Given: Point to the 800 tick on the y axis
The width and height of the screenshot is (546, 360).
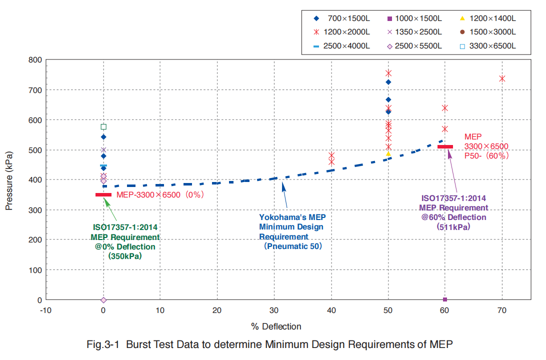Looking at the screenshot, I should (x=34, y=60).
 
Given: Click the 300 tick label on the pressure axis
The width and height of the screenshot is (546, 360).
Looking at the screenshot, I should (x=34, y=210).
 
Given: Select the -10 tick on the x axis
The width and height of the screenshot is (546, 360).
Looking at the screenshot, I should (x=45, y=310).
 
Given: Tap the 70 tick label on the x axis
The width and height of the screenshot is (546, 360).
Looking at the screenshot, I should (x=502, y=310).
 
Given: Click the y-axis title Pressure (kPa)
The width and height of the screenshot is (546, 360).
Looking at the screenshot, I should (x=9, y=180).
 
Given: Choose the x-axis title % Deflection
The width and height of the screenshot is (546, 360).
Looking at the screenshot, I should (x=276, y=326).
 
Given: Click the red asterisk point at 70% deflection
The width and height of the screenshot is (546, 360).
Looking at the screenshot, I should (x=502, y=78).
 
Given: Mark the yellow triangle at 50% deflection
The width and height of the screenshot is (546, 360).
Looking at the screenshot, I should (x=388, y=153).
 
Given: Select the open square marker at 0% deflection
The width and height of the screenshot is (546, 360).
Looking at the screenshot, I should (x=103, y=127).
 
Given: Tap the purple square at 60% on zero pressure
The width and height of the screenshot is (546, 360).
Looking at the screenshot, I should (x=445, y=299).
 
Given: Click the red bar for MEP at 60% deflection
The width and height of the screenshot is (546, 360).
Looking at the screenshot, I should (x=445, y=146).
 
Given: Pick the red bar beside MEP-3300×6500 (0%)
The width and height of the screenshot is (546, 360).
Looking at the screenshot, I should (x=103, y=194).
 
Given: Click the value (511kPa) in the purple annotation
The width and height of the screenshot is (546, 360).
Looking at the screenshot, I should (x=453, y=226).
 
